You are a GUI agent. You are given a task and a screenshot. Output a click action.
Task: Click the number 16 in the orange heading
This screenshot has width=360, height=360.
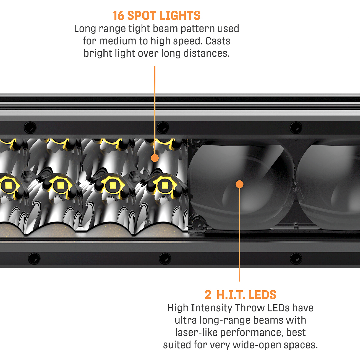[x=118, y=16]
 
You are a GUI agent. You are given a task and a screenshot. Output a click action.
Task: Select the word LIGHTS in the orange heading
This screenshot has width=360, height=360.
[x=180, y=16]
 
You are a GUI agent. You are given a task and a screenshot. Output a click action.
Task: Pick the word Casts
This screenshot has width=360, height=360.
[x=218, y=41]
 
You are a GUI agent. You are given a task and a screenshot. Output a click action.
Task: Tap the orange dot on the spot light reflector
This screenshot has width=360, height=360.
[x=155, y=158]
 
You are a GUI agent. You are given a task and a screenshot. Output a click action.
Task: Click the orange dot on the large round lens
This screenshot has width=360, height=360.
[x=239, y=184]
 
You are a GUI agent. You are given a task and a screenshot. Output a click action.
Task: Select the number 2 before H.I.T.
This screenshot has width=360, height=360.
[x=208, y=295]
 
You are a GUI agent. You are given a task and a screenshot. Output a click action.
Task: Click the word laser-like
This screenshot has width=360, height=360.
[x=196, y=333]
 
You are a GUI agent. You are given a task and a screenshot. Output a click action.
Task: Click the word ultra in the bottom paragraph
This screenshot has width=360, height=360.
[x=186, y=320]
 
